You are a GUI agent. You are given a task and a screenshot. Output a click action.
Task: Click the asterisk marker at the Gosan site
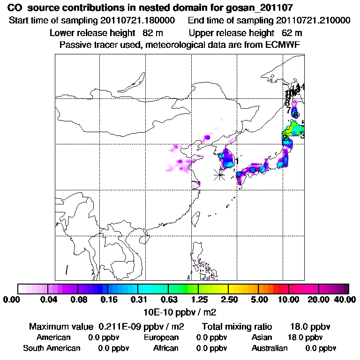tap(219, 174)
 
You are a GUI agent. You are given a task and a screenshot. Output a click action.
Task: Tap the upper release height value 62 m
tap(292, 33)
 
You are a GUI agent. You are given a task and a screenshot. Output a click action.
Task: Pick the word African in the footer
tap(165, 348)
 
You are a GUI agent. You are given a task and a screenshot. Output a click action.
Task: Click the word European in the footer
tap(161, 337)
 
